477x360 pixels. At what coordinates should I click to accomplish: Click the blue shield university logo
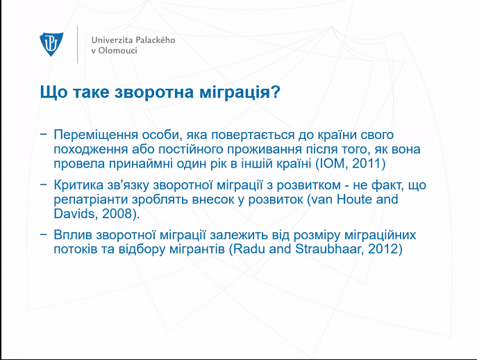[51, 44]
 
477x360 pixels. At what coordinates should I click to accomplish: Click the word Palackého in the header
[155, 40]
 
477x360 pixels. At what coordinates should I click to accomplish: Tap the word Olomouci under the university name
[117, 50]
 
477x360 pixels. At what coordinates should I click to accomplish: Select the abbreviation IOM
[332, 163]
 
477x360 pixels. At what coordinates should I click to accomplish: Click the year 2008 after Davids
[116, 213]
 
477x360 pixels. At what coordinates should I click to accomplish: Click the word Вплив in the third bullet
[73, 235]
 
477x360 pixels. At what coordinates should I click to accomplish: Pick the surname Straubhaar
[330, 249]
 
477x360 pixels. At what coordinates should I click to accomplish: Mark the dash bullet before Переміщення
[44, 134]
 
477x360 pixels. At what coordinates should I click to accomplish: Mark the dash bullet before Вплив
[44, 234]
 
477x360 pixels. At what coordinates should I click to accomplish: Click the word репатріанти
[91, 199]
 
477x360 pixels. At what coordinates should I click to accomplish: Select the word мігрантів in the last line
[196, 249]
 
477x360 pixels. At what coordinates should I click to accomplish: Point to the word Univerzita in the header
[112, 40]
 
